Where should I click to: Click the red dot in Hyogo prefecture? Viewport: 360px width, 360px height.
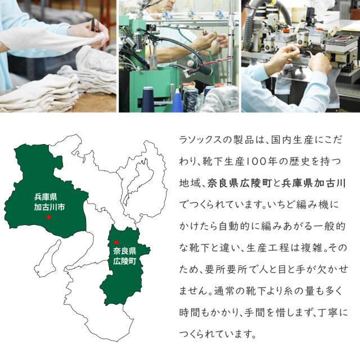tap(49, 217)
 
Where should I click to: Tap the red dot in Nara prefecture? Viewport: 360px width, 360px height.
tap(116, 242)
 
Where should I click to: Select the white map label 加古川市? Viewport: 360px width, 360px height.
tap(49, 206)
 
